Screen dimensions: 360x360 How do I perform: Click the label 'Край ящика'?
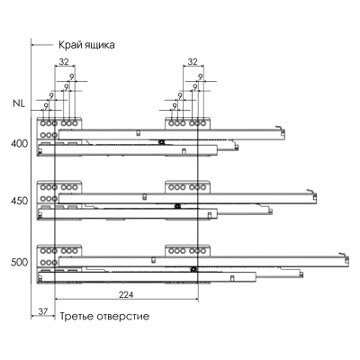point(86,45)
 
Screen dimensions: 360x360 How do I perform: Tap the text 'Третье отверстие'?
point(104,316)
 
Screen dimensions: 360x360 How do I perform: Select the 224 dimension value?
point(126,294)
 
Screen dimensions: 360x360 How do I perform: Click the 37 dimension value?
point(43,311)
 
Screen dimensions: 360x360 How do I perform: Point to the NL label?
point(19,103)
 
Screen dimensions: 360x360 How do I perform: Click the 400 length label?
point(19,144)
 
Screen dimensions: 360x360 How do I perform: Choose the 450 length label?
point(19,201)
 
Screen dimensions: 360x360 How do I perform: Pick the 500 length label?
point(19,263)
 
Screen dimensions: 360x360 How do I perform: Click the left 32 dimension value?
point(64,61)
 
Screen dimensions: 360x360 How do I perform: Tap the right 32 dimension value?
point(193,61)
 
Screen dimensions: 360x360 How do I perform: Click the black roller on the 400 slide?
point(162,142)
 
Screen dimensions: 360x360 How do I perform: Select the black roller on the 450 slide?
point(177,206)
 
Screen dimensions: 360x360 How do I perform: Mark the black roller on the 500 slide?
point(193,269)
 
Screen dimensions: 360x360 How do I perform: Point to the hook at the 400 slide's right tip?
point(280,129)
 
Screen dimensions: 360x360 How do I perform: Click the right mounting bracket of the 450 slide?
point(187,187)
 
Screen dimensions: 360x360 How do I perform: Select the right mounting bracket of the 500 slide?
point(187,250)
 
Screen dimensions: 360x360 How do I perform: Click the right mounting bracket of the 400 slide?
point(187,123)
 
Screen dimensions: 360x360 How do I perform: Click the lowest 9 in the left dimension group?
point(46,106)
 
